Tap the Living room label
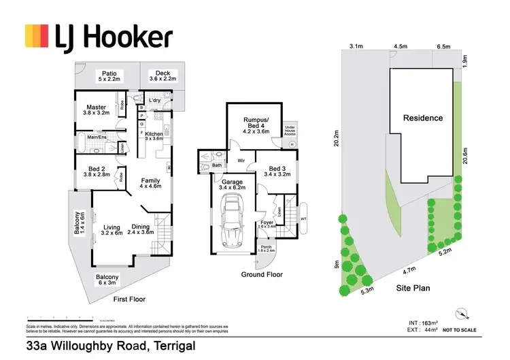tap(112, 229)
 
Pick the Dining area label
tap(141, 229)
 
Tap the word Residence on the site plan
tap(423, 118)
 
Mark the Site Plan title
tap(413, 288)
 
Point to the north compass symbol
tap(464, 314)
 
